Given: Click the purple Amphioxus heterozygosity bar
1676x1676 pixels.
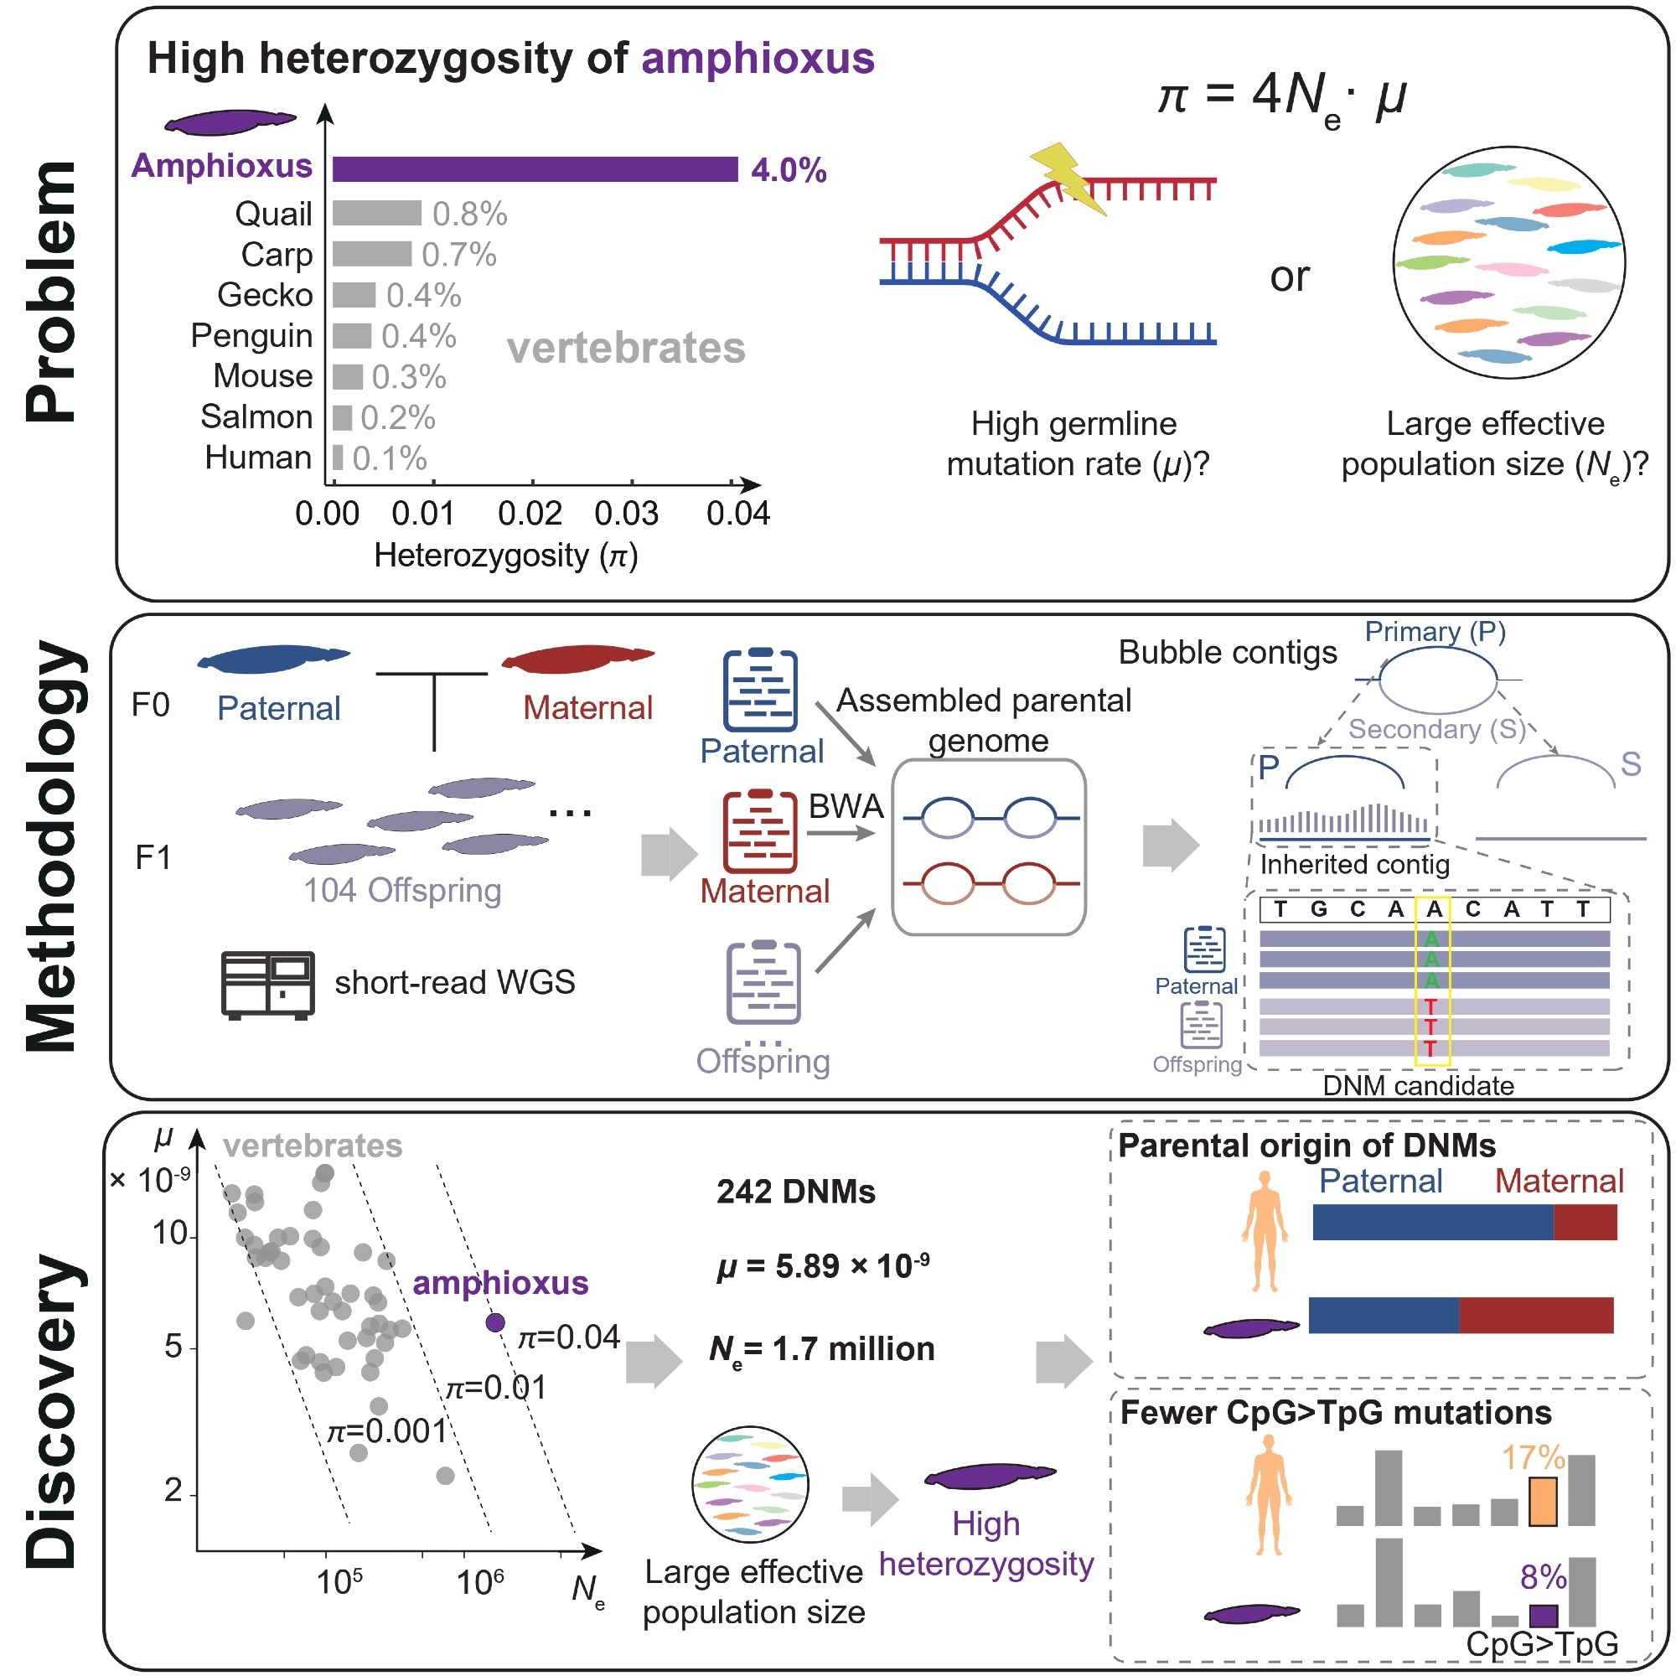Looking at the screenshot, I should point(535,169).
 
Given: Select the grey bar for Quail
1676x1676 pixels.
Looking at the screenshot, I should point(376,213).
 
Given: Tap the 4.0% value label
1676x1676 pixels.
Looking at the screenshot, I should point(788,170).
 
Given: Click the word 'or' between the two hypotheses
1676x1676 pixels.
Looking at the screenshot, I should point(1289,277).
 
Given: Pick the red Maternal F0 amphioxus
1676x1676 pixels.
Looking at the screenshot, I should point(577,659).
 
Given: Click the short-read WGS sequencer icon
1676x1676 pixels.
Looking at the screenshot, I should point(267,985).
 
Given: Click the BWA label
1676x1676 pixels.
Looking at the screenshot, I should point(845,807).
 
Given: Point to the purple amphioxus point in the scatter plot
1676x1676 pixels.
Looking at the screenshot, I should point(495,1322).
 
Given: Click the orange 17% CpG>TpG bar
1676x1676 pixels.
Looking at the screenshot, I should point(1543,1502).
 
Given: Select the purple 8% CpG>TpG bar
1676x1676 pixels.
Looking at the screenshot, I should point(1544,1616).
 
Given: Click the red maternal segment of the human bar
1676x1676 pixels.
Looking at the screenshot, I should point(1585,1223).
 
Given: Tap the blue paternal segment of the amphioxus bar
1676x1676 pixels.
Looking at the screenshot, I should point(1384,1315).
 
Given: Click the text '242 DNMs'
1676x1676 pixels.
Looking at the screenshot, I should point(795,1192).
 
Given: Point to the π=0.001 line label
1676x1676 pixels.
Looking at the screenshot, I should point(386,1430).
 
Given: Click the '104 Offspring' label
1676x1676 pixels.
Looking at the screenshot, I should point(402,890).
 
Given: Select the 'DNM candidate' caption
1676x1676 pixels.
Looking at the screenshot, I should point(1418,1085).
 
